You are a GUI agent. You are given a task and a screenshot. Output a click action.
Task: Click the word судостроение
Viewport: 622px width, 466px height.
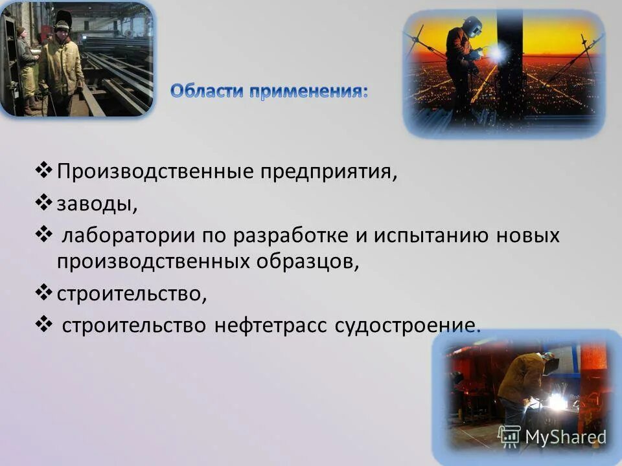tap(408, 324)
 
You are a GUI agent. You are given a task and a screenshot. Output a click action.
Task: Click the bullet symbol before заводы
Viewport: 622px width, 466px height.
tap(43, 202)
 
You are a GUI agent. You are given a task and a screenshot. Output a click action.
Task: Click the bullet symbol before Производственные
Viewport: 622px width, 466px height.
tap(43, 172)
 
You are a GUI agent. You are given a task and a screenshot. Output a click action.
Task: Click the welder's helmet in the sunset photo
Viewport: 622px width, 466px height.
tap(472, 27)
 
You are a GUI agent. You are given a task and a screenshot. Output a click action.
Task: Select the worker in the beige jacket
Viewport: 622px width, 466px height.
tap(61, 68)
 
